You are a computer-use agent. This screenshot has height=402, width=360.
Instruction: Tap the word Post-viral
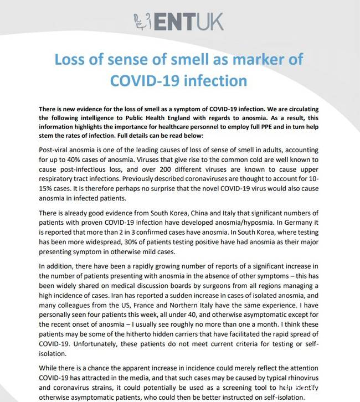[58, 151]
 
